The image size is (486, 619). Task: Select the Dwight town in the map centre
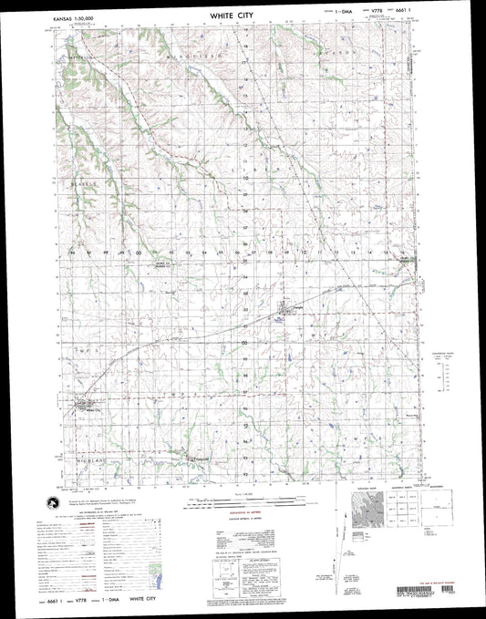click(284, 313)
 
